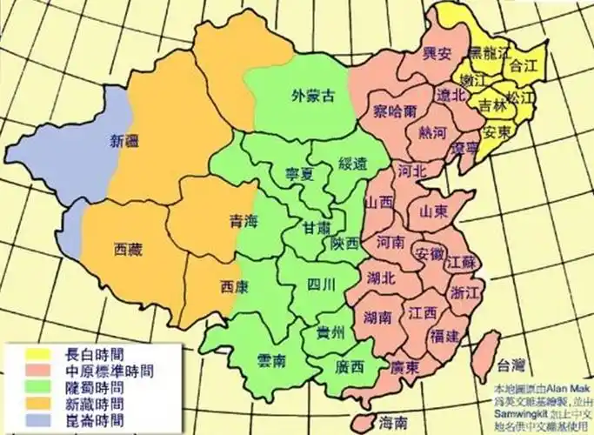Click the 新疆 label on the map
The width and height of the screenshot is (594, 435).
point(123,138)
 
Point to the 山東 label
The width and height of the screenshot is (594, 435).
point(434,211)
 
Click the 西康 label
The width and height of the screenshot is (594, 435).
point(237,285)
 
